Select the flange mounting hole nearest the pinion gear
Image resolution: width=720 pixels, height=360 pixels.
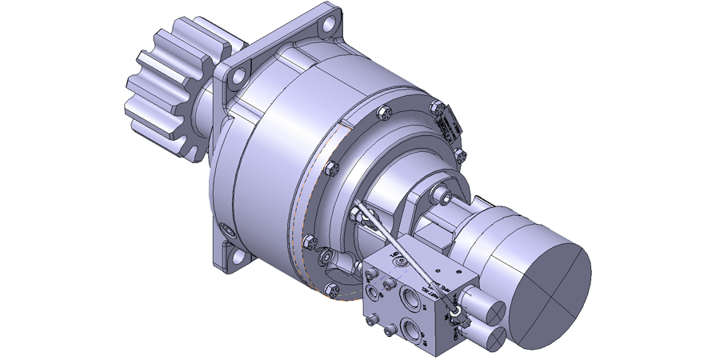coord(235,78)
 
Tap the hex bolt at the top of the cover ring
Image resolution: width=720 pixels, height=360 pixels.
coord(382,112)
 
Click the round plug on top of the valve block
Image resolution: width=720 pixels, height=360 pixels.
coord(398,259)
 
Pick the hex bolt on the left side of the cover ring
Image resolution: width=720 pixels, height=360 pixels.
coord(334,168)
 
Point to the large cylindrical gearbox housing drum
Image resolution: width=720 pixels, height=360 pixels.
coord(272,168)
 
